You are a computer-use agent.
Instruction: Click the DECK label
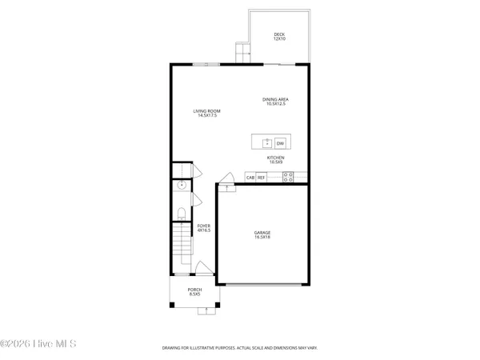[x=278, y=36]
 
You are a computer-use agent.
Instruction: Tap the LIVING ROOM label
[x=208, y=113]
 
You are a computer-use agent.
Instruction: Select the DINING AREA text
[x=274, y=101]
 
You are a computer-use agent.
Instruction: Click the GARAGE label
[x=263, y=234]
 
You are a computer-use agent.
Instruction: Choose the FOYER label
[x=204, y=228]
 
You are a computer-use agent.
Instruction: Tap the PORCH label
[x=194, y=291]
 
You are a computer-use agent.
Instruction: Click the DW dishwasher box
[x=280, y=143]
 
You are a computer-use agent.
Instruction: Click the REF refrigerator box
[x=262, y=177]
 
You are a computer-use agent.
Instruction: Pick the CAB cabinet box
[x=250, y=177]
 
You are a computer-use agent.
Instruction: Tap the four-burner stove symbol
[x=288, y=177]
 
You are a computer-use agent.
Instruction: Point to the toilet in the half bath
[x=181, y=213]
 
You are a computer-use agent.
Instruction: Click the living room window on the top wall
[x=206, y=64]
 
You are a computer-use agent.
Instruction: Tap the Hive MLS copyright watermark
[x=38, y=343]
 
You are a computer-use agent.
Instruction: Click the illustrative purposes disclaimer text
[x=240, y=349]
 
